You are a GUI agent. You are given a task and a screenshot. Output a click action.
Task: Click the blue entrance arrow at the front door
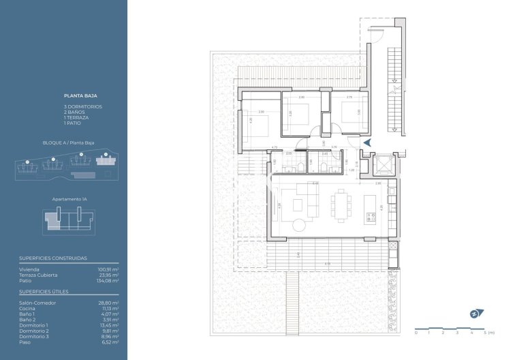coord(366,142)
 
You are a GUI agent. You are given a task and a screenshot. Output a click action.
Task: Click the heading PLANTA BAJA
coord(78,97)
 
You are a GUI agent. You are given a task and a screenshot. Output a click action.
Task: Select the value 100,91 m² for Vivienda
coord(109,270)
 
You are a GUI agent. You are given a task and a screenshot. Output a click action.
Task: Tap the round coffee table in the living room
coord(301,226)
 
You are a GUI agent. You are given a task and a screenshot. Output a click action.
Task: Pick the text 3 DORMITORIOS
coord(82,107)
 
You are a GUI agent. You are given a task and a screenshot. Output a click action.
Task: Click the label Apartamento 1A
coord(69,199)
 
